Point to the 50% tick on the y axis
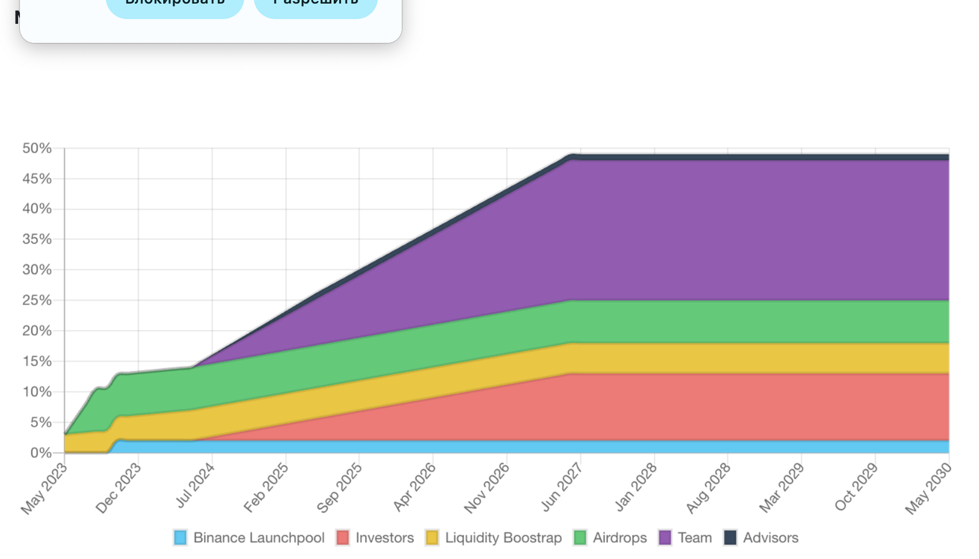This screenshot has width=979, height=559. pos(37,148)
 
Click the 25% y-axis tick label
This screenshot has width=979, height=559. pos(37,301)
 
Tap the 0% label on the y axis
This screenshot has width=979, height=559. pos(41,453)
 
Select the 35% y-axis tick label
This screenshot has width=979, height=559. pos(37,239)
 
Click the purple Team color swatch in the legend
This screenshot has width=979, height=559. pos(665,538)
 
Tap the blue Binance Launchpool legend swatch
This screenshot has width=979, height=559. pos(180,538)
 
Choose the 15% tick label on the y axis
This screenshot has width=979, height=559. pos(37,361)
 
